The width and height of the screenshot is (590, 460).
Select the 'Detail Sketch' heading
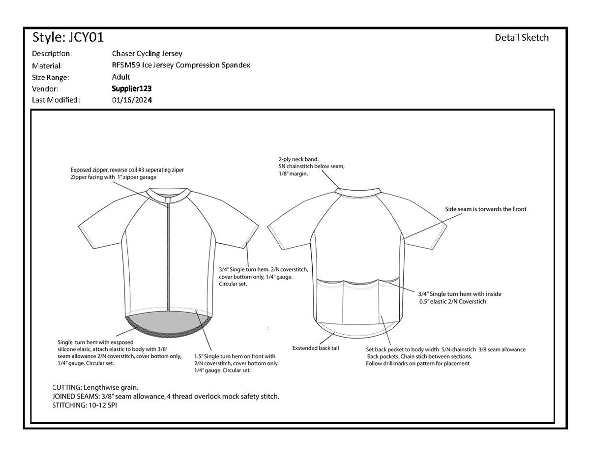tap(521, 38)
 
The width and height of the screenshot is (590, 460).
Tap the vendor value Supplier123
tap(131, 89)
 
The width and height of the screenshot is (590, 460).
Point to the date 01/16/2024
tap(132, 100)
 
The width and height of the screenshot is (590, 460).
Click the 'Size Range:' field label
tap(50, 78)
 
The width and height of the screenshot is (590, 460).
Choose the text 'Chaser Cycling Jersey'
tap(147, 54)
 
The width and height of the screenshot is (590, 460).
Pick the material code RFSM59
tap(126, 65)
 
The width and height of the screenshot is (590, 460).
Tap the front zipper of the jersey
tap(169, 256)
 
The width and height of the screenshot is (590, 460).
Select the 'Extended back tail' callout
tap(315, 348)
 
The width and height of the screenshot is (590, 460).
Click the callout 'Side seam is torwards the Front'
tap(485, 209)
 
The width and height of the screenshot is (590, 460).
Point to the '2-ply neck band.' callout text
tap(298, 159)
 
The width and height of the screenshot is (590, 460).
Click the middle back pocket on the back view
tap(363, 305)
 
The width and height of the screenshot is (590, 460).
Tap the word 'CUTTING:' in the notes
tap(67, 387)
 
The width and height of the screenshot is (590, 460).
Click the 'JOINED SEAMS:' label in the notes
tap(75, 397)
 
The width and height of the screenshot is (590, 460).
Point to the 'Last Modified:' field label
tap(56, 100)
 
